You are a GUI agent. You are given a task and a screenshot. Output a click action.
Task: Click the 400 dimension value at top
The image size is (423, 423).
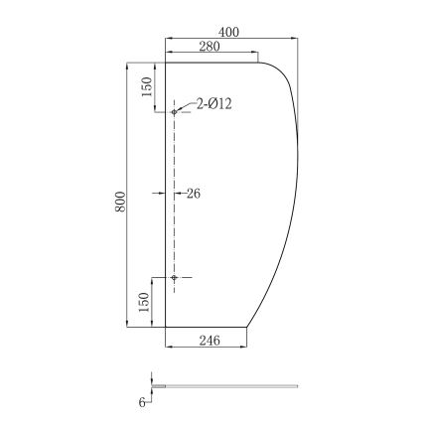click(x=230, y=31)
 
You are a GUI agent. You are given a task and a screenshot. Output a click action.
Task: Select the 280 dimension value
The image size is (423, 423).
click(x=210, y=48)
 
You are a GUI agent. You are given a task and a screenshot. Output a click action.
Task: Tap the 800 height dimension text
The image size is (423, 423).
click(x=120, y=200)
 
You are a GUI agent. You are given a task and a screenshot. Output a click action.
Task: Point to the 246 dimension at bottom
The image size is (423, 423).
click(x=208, y=341)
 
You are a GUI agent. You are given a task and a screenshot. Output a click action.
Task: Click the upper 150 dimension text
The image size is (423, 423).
click(x=147, y=87)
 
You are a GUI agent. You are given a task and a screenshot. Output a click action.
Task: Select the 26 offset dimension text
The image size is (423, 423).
click(x=193, y=194)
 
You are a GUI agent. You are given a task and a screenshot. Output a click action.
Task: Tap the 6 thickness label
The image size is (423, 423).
click(x=142, y=402)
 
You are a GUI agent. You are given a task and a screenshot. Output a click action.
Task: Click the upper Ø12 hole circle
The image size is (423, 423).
click(x=174, y=111)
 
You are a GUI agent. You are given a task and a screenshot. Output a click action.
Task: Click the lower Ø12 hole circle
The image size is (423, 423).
click(x=174, y=277)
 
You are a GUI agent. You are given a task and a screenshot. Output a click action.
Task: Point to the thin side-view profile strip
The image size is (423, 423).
click(x=228, y=384)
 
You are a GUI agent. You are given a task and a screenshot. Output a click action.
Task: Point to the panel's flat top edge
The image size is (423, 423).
click(x=209, y=62)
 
